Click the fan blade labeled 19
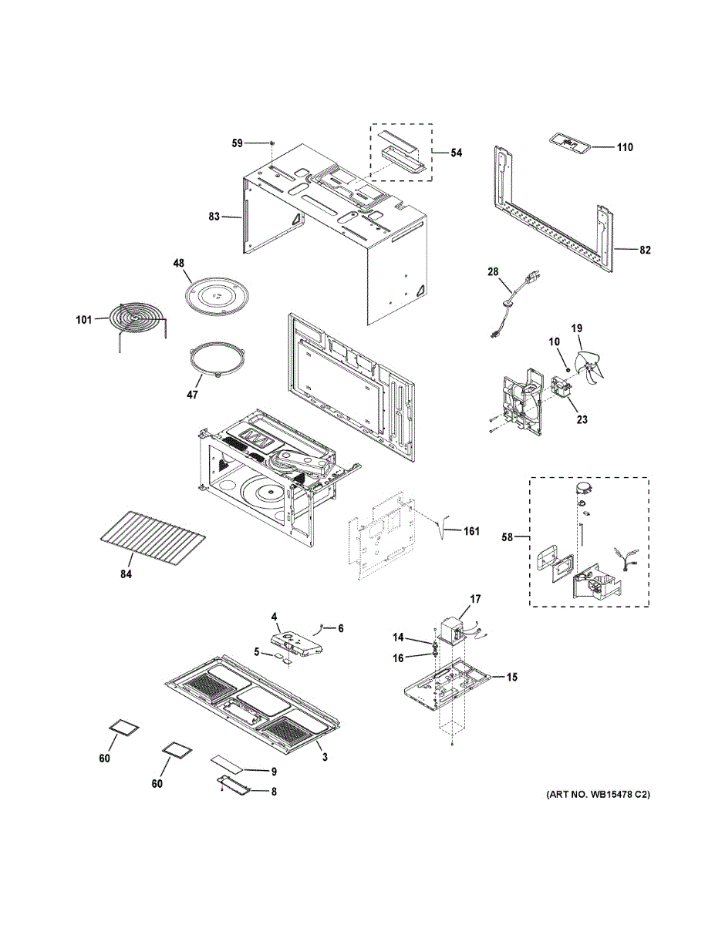click(x=594, y=363)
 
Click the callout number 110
click(x=625, y=146)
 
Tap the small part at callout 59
click(x=274, y=143)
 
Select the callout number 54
click(x=457, y=153)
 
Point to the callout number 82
click(x=646, y=250)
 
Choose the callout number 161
click(x=470, y=531)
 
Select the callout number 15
click(x=511, y=677)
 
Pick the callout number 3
click(x=325, y=757)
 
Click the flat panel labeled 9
click(x=228, y=764)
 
